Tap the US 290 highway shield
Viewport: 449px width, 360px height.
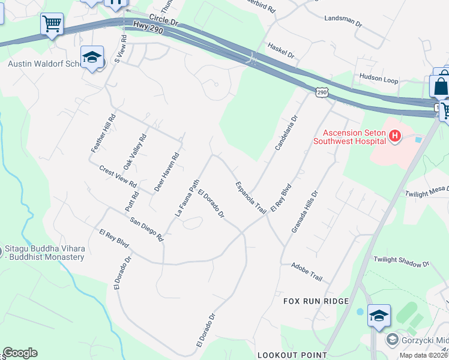pyautogui.click(x=322, y=91)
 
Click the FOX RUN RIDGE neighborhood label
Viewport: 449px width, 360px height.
pyautogui.click(x=316, y=301)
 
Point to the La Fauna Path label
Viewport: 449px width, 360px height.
pyautogui.click(x=187, y=197)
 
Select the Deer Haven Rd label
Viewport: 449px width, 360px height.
pyautogui.click(x=167, y=172)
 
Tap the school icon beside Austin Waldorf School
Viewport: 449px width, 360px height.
pyautogui.click(x=92, y=58)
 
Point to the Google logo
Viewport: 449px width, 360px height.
pyautogui.click(x=20, y=353)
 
